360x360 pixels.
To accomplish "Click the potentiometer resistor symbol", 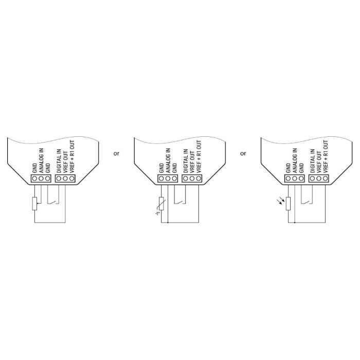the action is pos(34,204).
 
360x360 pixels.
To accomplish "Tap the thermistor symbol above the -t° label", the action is pos(161,204).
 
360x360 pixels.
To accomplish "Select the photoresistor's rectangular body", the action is pos(288,204).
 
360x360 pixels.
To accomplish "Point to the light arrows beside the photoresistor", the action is pos(281,201).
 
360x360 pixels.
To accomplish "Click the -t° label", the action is pos(157,213).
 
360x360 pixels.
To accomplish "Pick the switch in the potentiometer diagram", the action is pos(53,202).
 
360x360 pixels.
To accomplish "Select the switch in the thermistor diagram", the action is pos(180,202).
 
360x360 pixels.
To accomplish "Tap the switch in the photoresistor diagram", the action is pos(307,202).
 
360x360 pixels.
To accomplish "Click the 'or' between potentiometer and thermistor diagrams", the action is pos(116,153).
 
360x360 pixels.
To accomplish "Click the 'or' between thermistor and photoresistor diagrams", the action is pos(243,153).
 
